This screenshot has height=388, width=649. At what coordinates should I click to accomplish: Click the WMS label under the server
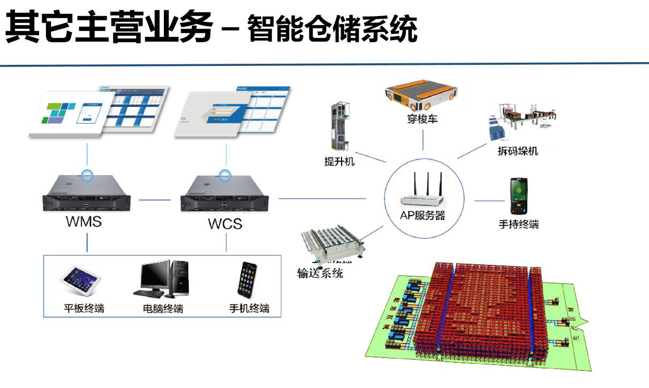(84, 221)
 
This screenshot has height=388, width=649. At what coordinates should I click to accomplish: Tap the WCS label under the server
(225, 223)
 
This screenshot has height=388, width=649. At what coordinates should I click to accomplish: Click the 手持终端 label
(518, 225)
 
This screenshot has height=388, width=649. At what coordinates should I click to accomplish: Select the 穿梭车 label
(422, 118)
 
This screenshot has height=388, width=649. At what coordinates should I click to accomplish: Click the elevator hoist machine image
(339, 128)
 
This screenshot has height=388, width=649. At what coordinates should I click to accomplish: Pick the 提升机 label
(339, 161)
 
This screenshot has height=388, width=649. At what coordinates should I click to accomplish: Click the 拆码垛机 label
(517, 151)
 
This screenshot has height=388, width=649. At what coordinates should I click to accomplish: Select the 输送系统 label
(320, 273)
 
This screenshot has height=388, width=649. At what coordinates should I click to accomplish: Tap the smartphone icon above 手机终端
(247, 280)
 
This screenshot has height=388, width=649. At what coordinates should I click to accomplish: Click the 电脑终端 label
(163, 309)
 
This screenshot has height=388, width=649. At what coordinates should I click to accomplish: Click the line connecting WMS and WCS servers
(155, 200)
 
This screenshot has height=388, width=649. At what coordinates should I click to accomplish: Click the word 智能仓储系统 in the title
(332, 29)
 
